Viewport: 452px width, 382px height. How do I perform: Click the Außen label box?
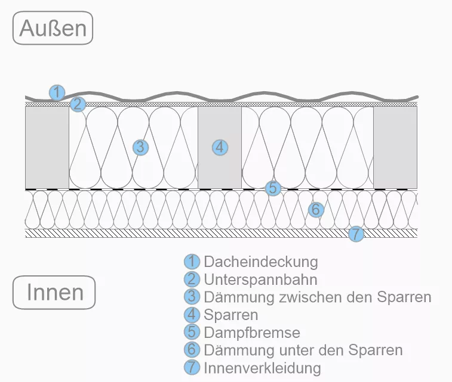point(53,28)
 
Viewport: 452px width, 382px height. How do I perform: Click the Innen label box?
point(54,293)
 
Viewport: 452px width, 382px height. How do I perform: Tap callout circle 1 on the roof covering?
point(57,92)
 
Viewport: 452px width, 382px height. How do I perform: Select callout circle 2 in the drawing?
point(77,105)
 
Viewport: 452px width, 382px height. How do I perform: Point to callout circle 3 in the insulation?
point(140,147)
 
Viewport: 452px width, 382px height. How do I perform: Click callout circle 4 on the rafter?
point(220,147)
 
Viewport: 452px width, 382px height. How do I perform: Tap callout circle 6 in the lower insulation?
point(316,209)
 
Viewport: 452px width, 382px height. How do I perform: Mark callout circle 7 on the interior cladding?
point(355,234)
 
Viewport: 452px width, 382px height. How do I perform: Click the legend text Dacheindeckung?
point(261,261)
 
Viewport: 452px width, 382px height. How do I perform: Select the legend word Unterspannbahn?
point(260,279)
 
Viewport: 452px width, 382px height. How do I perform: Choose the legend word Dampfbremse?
point(252,332)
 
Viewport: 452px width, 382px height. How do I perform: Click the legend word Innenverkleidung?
point(262,368)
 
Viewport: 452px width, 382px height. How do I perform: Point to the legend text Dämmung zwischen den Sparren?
point(317,297)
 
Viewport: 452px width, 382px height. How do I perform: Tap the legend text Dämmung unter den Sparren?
point(303,350)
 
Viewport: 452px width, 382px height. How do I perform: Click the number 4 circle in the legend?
point(192,315)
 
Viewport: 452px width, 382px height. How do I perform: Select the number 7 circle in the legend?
point(192,368)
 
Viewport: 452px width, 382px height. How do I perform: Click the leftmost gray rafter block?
point(47,148)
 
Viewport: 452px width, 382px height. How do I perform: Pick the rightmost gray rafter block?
point(395,148)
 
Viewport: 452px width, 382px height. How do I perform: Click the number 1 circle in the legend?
point(192,261)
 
